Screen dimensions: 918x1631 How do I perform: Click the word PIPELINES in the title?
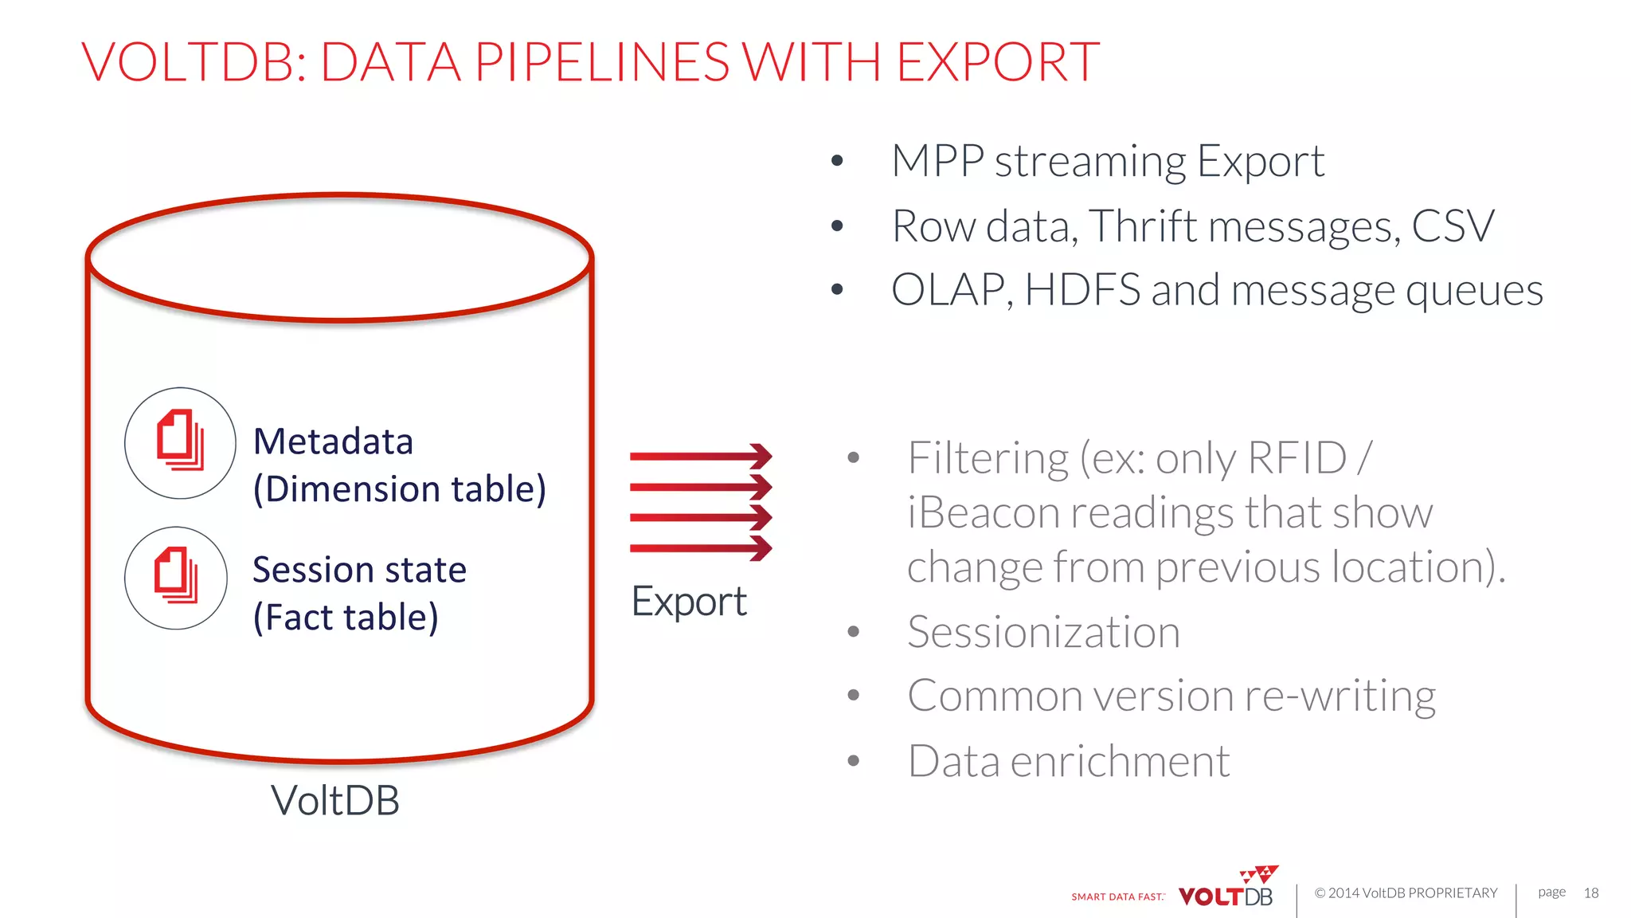(x=602, y=62)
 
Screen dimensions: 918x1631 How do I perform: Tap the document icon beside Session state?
(x=176, y=577)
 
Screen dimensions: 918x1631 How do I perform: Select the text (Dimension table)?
(x=400, y=489)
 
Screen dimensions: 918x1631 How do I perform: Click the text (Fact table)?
(x=346, y=618)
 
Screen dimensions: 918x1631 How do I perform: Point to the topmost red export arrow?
(x=701, y=456)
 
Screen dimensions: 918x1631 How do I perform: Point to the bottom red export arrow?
(x=701, y=547)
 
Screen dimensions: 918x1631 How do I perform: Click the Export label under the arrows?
(x=689, y=602)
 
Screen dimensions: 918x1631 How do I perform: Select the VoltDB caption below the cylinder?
(x=335, y=800)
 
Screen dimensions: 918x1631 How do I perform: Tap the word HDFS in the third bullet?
(x=1082, y=290)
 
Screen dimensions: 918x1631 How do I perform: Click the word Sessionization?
(x=1043, y=633)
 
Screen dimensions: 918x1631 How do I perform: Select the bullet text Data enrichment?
(x=1069, y=761)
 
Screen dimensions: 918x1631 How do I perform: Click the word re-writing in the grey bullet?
(x=1340, y=696)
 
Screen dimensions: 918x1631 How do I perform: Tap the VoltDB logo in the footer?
(x=1226, y=890)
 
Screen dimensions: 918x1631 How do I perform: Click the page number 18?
(x=1590, y=893)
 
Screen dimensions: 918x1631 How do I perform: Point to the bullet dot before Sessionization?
(x=854, y=632)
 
